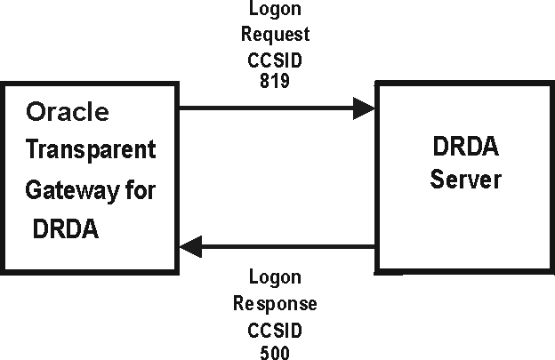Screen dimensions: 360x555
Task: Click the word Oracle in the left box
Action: [x=68, y=113]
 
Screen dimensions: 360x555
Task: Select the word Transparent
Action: [x=90, y=149]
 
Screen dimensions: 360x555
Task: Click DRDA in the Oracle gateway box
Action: [x=65, y=228]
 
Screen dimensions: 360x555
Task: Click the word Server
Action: [x=465, y=180]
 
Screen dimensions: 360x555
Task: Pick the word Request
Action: [x=280, y=35]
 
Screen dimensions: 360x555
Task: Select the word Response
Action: [x=275, y=304]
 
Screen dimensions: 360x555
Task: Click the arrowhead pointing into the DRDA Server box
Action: [x=365, y=108]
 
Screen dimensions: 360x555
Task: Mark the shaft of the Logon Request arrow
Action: [x=267, y=108]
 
